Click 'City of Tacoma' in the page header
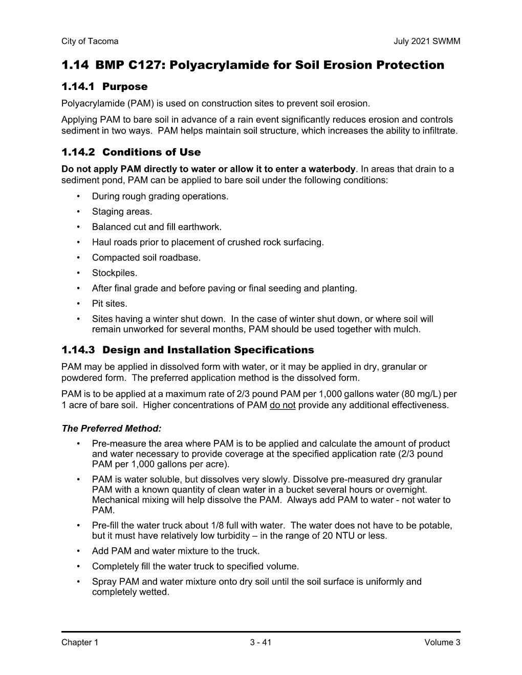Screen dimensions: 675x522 (90, 41)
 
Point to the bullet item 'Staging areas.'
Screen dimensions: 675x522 (122, 212)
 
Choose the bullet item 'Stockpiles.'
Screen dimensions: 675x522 (115, 273)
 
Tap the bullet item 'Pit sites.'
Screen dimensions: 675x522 (110, 304)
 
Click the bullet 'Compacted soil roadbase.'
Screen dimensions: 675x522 (146, 258)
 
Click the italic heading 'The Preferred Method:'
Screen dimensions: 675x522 (112, 429)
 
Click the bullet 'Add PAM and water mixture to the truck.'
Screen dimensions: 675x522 (176, 551)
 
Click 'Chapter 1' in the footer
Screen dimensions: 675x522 (79, 643)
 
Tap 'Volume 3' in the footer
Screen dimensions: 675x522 (442, 643)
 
